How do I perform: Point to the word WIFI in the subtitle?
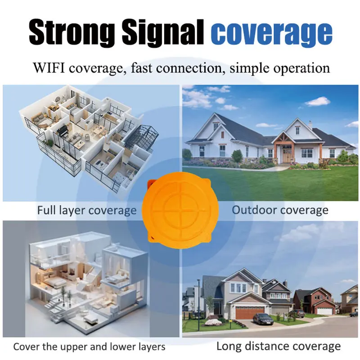coord(50,69)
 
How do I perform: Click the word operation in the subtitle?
coord(298,69)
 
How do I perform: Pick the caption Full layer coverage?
coord(87,210)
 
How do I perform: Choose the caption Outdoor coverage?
coord(280,210)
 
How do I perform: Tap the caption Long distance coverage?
coord(278,346)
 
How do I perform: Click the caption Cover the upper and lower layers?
coord(89,346)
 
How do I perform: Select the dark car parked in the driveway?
coord(263,319)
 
